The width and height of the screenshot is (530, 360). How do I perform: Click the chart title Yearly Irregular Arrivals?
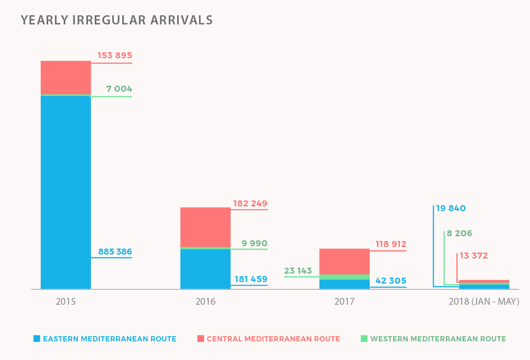pyautogui.click(x=116, y=20)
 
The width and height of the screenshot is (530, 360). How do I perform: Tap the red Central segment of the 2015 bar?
pyautogui.click(x=66, y=77)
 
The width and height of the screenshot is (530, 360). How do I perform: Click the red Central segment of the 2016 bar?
pyautogui.click(x=205, y=227)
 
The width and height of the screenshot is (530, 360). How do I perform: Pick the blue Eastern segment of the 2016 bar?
pyautogui.click(x=205, y=269)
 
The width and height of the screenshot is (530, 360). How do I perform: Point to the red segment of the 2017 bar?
pyautogui.click(x=344, y=261)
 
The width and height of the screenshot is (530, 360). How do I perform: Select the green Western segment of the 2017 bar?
pyautogui.click(x=344, y=277)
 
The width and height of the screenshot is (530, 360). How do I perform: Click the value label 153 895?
pyautogui.click(x=115, y=56)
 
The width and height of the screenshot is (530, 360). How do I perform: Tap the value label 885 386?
pyautogui.click(x=115, y=252)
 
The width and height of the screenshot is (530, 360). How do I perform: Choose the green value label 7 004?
pyautogui.click(x=119, y=89)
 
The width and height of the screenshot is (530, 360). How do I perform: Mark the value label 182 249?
pyautogui.click(x=250, y=204)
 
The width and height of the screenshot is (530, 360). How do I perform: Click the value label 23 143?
pyautogui.click(x=298, y=271)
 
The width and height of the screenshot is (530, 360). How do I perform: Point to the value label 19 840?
pyautogui.click(x=451, y=209)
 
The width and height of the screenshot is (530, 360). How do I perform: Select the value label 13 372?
pyautogui.click(x=473, y=256)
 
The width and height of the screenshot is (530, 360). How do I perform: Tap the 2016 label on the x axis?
pyautogui.click(x=205, y=302)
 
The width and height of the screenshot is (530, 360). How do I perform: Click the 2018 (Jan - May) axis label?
pyautogui.click(x=483, y=302)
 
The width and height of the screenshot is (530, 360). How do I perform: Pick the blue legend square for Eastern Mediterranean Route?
pyautogui.click(x=36, y=339)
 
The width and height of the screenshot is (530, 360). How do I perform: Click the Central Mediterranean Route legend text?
pyautogui.click(x=273, y=339)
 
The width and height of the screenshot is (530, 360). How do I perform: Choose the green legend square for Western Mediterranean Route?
pyautogui.click(x=364, y=339)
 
